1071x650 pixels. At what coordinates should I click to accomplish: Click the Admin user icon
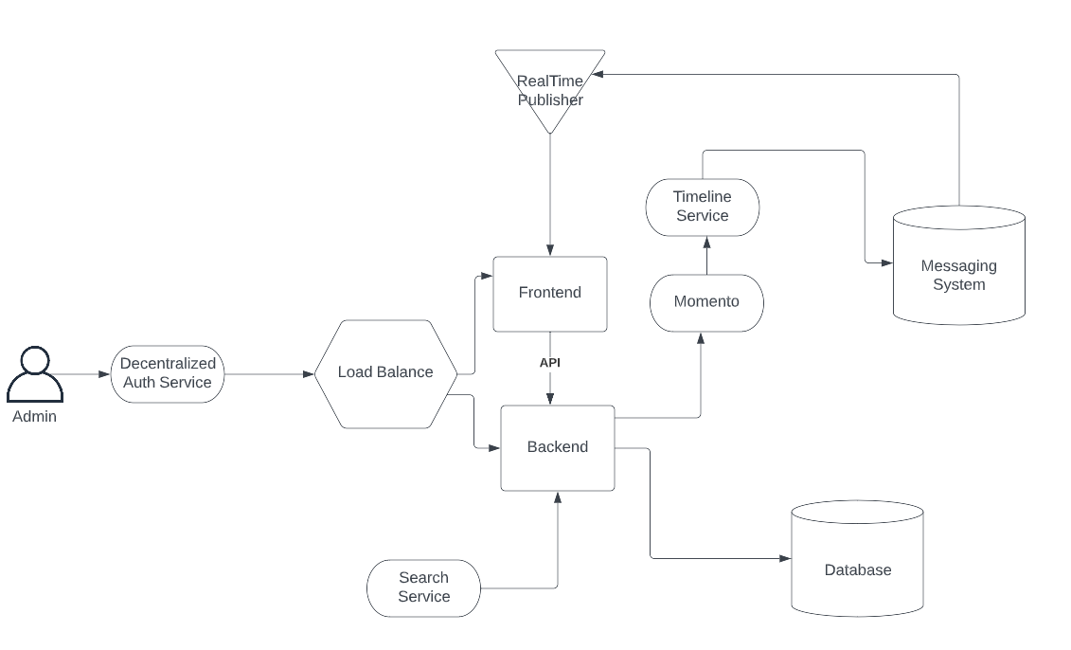click(35, 374)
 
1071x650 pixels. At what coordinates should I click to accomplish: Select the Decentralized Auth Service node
click(168, 373)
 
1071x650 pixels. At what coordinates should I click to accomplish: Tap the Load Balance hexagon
click(385, 372)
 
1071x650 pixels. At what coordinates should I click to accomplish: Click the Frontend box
click(550, 293)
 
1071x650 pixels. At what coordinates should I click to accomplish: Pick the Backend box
click(557, 447)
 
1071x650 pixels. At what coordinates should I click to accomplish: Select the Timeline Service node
click(703, 207)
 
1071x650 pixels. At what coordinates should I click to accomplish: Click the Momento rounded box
click(706, 302)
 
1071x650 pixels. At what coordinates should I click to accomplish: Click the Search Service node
click(423, 587)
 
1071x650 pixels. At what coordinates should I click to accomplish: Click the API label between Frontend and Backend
click(550, 363)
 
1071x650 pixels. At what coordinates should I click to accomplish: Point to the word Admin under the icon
click(35, 417)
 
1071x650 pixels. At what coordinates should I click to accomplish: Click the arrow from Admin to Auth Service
click(85, 374)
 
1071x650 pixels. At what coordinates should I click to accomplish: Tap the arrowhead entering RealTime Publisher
click(600, 74)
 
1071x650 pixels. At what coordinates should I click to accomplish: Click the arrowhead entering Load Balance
click(308, 374)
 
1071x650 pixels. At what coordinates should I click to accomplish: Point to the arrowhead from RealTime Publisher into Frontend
click(550, 250)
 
